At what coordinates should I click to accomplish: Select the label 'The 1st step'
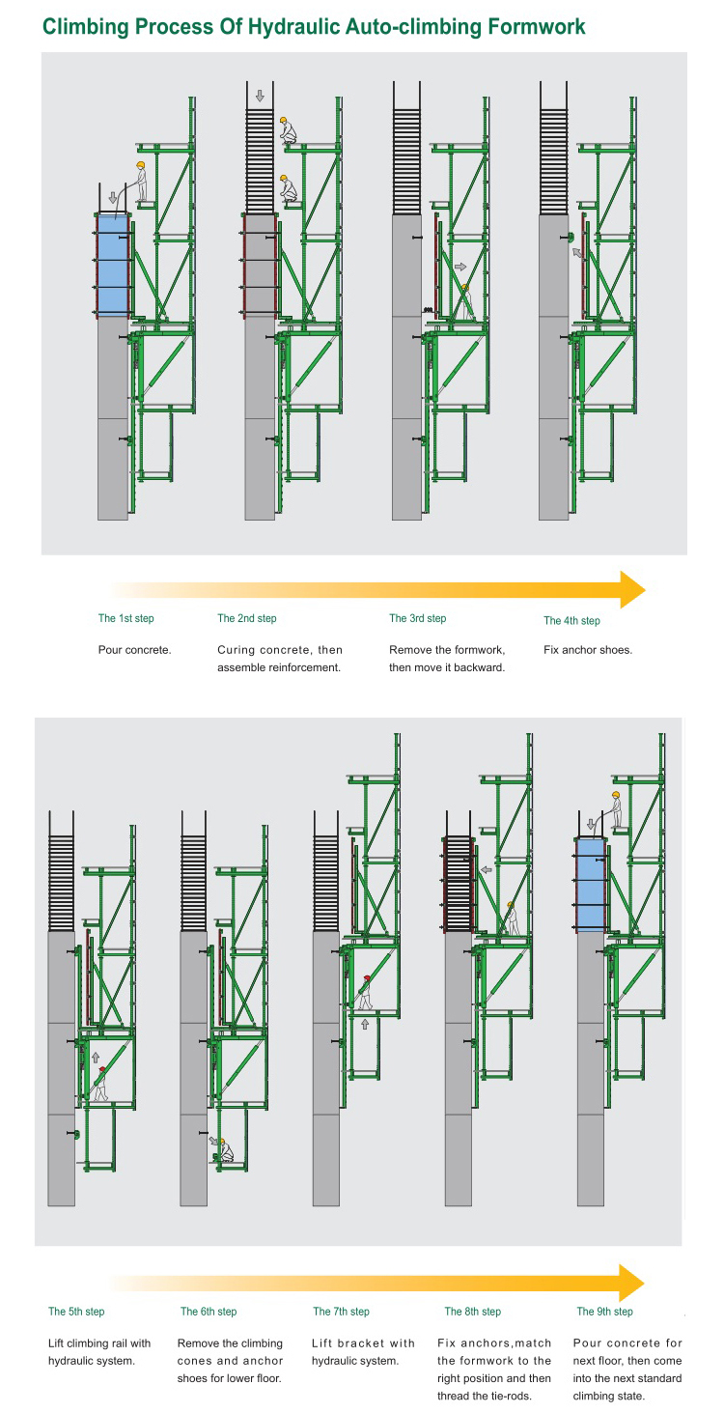(125, 618)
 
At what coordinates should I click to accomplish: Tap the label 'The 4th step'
(571, 620)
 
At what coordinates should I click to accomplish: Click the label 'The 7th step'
(341, 1311)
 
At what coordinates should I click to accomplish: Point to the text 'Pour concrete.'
(134, 650)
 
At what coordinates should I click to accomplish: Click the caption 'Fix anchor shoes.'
(588, 650)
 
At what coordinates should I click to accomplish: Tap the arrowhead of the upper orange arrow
(632, 589)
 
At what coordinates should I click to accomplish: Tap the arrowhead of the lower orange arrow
(631, 1283)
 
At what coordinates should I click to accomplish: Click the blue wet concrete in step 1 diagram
(113, 265)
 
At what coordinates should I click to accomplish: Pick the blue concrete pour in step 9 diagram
(591, 885)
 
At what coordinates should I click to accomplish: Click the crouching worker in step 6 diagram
(225, 1150)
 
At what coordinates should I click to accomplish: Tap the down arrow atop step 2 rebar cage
(260, 96)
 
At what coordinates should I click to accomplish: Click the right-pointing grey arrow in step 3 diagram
(460, 266)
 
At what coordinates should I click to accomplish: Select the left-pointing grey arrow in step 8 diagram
(487, 869)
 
